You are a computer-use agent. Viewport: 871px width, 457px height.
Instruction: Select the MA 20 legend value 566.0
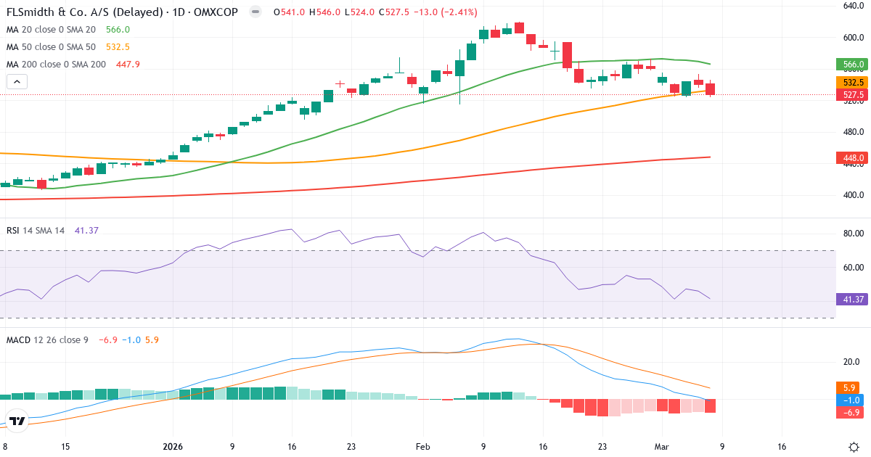coord(118,30)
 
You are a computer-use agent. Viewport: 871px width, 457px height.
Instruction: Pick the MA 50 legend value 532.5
coord(118,47)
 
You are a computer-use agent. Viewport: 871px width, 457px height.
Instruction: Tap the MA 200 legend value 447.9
coord(128,65)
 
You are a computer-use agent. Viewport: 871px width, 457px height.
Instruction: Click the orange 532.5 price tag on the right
coord(852,83)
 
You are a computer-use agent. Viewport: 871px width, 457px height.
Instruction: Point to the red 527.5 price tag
coord(852,95)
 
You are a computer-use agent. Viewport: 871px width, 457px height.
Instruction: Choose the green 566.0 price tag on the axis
coord(852,65)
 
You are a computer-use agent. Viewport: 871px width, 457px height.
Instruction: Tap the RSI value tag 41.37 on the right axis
coord(851,299)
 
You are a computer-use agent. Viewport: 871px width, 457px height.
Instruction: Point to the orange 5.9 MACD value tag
coord(846,387)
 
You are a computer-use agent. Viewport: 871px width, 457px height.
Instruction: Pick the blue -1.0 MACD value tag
coord(846,400)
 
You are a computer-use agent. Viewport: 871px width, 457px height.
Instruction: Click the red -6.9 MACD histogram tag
coord(846,412)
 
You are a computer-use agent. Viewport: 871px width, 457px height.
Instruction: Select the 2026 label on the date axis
coord(173,447)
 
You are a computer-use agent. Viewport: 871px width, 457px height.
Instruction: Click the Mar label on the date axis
coord(662,447)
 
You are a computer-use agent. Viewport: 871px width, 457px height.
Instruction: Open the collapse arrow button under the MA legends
coord(17,81)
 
